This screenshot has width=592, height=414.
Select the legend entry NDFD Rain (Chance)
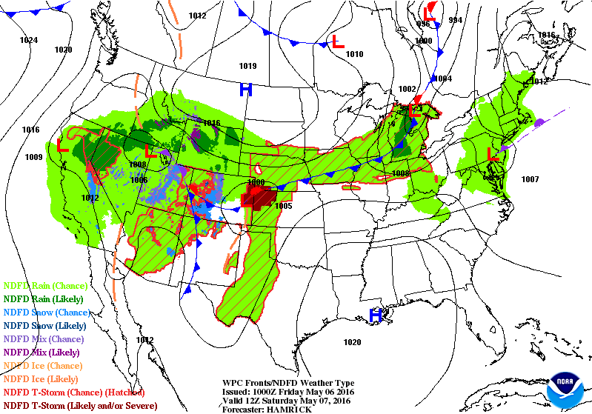46,285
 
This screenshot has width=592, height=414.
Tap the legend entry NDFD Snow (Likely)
46,325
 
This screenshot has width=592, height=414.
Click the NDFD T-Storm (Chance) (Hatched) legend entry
74,392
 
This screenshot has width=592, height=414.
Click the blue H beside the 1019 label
245,90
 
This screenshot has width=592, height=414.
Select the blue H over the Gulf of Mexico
376,315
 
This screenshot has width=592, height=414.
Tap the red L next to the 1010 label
338,42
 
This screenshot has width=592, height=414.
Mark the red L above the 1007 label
492,155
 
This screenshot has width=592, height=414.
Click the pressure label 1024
29,40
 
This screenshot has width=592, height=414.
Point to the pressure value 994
455,20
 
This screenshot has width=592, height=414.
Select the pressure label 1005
283,206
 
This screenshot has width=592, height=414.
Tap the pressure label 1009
33,157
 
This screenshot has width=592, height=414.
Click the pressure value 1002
408,89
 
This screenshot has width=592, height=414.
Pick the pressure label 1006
139,180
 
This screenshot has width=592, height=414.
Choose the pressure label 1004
442,79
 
